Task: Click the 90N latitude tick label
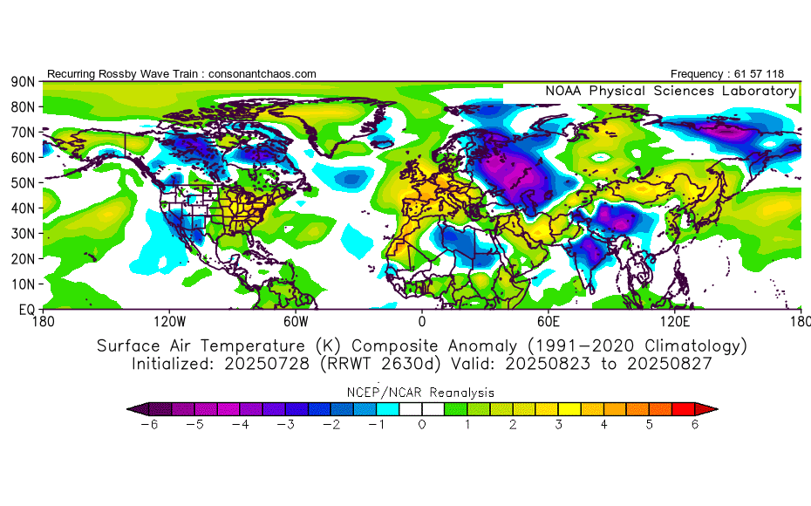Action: (x=23, y=81)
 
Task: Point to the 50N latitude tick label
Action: (x=23, y=182)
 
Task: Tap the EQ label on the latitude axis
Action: (x=26, y=310)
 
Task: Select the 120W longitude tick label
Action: (x=169, y=321)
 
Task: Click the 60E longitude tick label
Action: (x=548, y=321)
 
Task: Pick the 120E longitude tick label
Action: (x=674, y=321)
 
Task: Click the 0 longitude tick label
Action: (x=422, y=321)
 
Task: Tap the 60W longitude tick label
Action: (x=296, y=321)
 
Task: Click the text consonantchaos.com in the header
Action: (x=262, y=74)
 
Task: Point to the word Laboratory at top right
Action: (x=756, y=91)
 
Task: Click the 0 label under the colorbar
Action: (x=422, y=425)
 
